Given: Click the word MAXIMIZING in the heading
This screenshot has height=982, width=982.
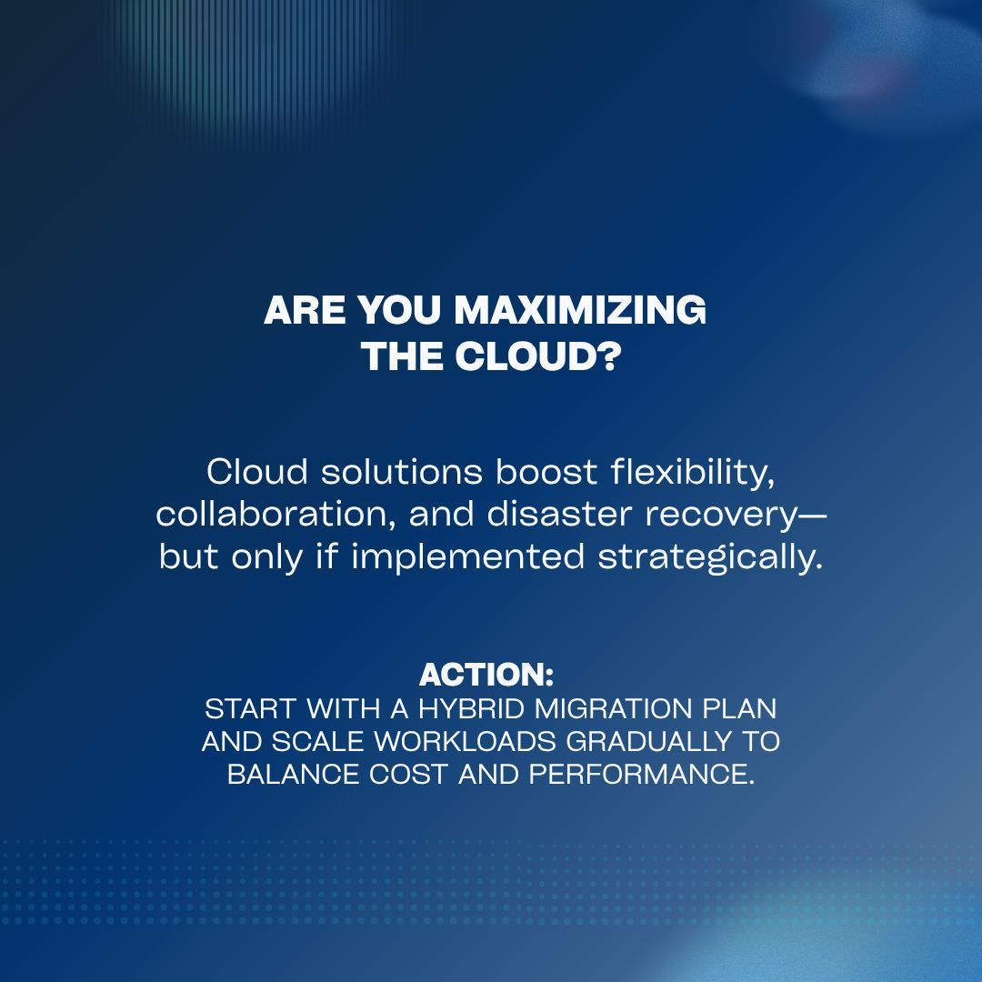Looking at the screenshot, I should [x=579, y=311].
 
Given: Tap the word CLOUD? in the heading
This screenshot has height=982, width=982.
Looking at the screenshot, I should [x=537, y=356].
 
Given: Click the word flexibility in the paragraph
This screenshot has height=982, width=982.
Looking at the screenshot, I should [x=693, y=472].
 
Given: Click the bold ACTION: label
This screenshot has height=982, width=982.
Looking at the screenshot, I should [x=486, y=675].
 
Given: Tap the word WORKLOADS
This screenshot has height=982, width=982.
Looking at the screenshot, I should [x=465, y=742].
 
